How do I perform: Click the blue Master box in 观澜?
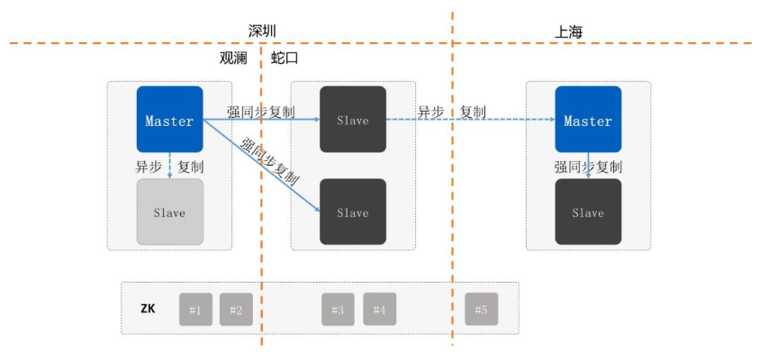169,119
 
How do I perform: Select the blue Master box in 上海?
588,119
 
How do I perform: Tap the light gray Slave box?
169,211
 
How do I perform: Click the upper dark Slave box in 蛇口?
353,119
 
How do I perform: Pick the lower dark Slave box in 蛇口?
353,211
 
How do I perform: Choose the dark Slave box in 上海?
588,211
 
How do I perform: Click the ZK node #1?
195,310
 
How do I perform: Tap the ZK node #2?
236,310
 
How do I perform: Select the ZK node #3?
338,310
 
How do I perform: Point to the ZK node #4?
379,310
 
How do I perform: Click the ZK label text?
149,309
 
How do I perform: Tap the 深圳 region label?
262,31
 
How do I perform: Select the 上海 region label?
569,32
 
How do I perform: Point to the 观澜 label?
233,58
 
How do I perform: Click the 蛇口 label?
285,58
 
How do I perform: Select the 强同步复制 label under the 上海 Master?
588,166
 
